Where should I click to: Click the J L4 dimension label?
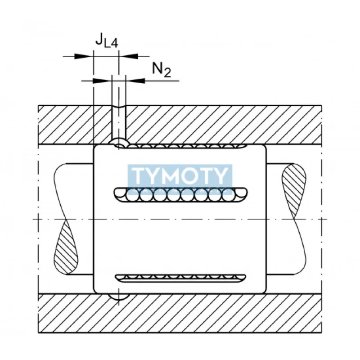(x=106, y=41)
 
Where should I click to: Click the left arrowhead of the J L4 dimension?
(x=85, y=56)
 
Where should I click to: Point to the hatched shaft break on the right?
(x=293, y=189)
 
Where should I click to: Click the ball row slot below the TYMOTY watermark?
(x=180, y=194)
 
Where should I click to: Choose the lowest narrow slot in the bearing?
(x=180, y=278)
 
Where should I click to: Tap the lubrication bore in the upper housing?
(x=119, y=121)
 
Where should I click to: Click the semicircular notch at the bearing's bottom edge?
(x=119, y=297)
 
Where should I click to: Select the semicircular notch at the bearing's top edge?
(x=119, y=144)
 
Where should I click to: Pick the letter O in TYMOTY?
(x=191, y=176)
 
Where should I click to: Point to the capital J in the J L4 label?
(x=99, y=40)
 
